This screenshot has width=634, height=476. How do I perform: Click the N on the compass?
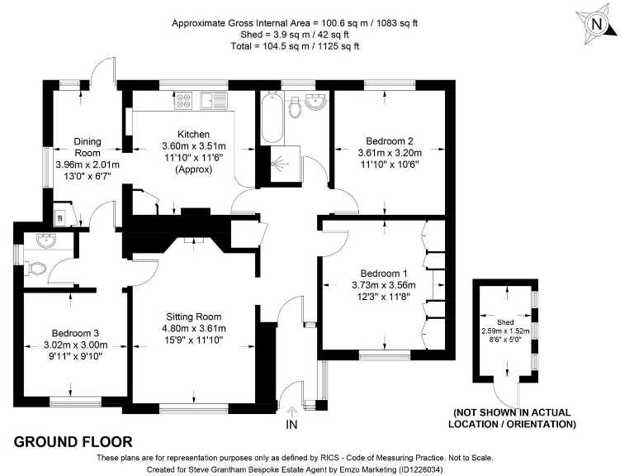pyautogui.click(x=597, y=24)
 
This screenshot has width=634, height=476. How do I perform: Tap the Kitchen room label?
pyautogui.click(x=194, y=134)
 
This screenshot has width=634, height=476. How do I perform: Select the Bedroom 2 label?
pyautogui.click(x=390, y=140)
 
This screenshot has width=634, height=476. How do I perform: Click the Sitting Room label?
pyautogui.click(x=194, y=317)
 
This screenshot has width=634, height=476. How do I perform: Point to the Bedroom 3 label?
pyautogui.click(x=75, y=333)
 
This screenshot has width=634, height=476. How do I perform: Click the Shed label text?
pyautogui.click(x=505, y=322)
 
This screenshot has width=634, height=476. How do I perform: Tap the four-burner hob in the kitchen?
pyautogui.click(x=183, y=100)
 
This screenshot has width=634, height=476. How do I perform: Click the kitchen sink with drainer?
pyautogui.click(x=214, y=100)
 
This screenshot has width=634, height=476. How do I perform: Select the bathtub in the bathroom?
pyautogui.click(x=271, y=117)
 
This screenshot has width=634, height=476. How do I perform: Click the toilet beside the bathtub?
pyautogui.click(x=296, y=107)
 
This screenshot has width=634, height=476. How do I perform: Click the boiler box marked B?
pyautogui.click(x=60, y=218)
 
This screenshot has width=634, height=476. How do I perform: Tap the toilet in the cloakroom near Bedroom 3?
pyautogui.click(x=35, y=269)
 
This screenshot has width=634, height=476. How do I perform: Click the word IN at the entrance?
pyautogui.click(x=291, y=424)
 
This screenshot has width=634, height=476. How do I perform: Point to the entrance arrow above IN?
pyautogui.click(x=291, y=412)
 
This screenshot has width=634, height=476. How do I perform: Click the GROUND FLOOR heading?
pyautogui.click(x=73, y=441)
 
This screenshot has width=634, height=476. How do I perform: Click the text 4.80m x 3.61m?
pyautogui.click(x=194, y=328)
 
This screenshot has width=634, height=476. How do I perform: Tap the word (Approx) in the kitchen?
pyautogui.click(x=194, y=169)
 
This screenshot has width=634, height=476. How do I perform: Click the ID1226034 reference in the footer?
pyautogui.click(x=420, y=469)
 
